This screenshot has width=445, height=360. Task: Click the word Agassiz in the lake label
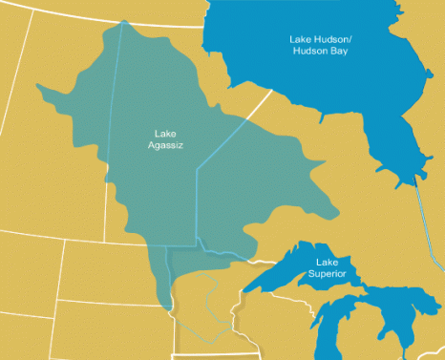point(167,145)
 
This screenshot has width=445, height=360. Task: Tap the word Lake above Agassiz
point(167,134)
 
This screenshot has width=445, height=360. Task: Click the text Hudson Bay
point(320,51)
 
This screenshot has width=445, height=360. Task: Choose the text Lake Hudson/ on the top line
point(320,39)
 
